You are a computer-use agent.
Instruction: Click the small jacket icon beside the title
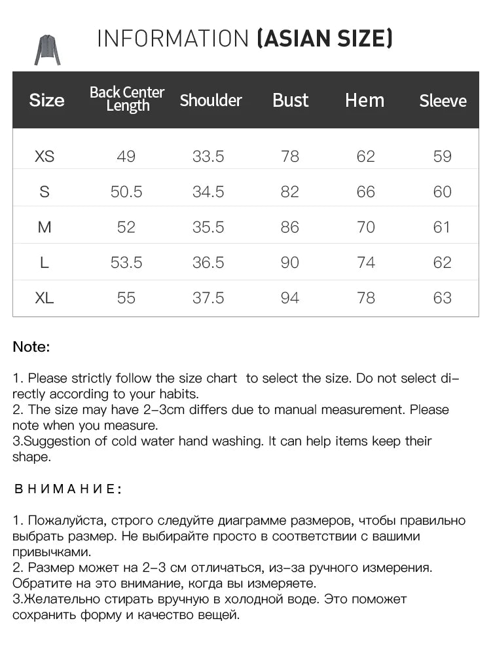46,50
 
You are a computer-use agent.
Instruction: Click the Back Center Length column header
126,99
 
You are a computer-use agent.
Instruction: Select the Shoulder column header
211,100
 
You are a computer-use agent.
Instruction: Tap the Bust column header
290,100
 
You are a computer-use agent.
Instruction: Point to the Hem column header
365,100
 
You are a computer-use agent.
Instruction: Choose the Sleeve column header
443,101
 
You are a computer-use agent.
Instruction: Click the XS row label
45,157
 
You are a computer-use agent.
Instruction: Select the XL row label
45,298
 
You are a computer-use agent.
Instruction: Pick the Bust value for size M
289,227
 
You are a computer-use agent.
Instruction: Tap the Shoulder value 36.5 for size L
208,263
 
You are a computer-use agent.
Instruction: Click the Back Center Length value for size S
126,192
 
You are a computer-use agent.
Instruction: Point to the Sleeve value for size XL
443,298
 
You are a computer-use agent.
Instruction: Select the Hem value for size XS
366,157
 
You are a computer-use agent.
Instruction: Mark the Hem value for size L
366,263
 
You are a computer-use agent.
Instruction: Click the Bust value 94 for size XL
289,298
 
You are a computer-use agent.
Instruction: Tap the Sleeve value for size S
443,192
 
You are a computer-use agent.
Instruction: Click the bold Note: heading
31,347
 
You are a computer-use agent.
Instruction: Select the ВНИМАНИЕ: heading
67,489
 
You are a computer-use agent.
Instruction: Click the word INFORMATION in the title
173,39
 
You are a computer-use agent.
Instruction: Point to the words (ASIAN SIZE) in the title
325,39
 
